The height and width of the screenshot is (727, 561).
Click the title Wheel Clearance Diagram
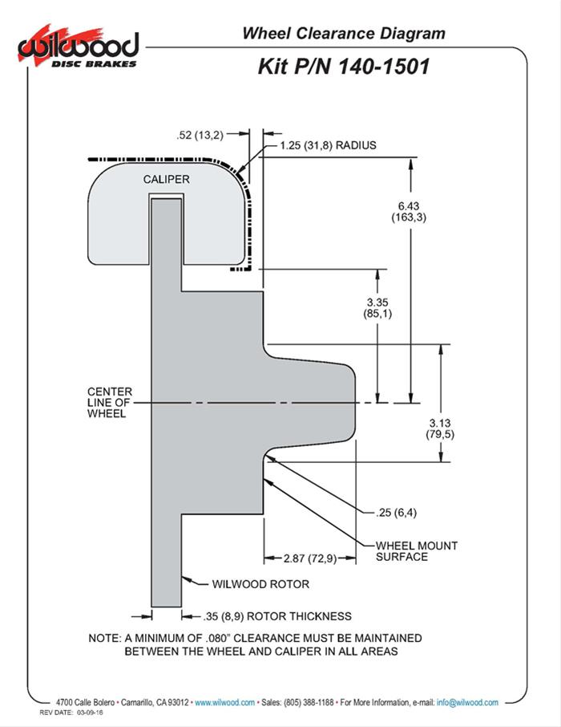click(x=343, y=34)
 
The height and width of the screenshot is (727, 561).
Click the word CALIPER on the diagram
click(x=167, y=179)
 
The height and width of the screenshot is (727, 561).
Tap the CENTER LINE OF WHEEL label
click(x=110, y=403)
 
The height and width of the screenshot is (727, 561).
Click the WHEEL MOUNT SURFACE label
click(x=417, y=551)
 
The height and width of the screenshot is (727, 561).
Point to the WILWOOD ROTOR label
click(x=260, y=584)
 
